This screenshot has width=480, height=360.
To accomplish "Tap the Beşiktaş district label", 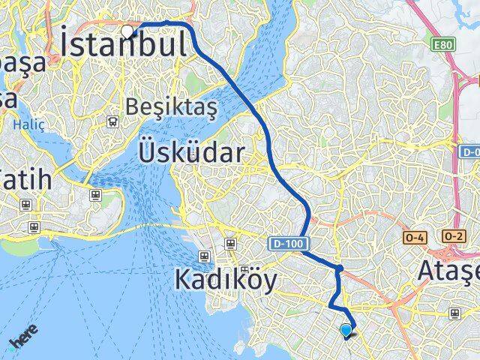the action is tap(171, 107).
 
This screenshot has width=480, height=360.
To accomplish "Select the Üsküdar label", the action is tap(191, 154).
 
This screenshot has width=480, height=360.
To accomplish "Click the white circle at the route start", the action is tap(128, 31).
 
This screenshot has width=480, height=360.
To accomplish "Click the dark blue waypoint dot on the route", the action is tap(339, 268).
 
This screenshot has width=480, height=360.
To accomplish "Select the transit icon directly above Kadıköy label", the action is tap(229, 243).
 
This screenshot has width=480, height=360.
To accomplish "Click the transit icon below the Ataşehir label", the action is tap(453, 313).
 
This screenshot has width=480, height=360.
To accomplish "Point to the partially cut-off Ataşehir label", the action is tap(447, 269).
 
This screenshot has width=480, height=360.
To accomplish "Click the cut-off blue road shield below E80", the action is tap(469, 151).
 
